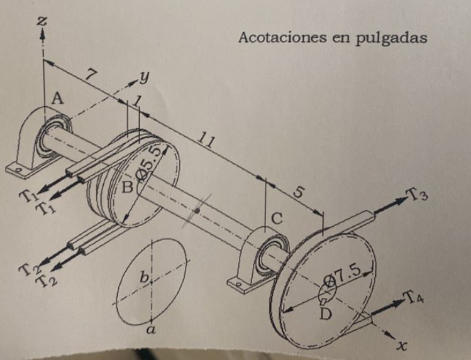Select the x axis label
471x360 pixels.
click(x=401, y=345)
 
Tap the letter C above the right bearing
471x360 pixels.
click(x=276, y=219)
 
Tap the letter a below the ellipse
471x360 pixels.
click(x=150, y=329)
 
